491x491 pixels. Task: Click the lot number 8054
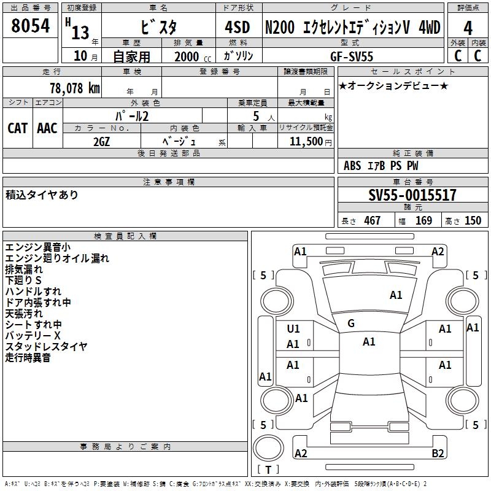click(x=30, y=26)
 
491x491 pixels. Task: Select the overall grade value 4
click(x=468, y=28)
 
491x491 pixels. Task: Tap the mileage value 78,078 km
click(x=75, y=88)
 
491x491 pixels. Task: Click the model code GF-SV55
click(x=352, y=56)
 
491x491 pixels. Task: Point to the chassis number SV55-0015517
click(x=412, y=195)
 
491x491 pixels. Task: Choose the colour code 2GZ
click(x=101, y=142)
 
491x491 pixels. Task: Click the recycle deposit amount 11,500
click(x=306, y=142)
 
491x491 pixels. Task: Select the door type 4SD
click(x=238, y=27)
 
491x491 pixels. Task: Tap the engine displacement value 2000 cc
click(x=193, y=56)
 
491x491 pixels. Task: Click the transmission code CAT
click(x=18, y=128)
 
